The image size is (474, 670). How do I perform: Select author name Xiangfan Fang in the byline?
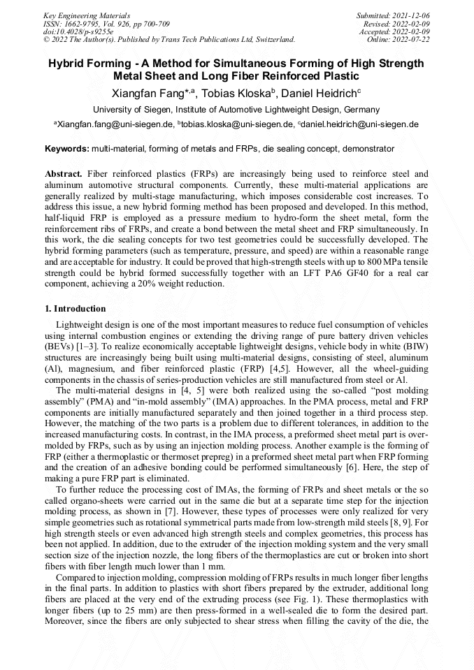(149, 93)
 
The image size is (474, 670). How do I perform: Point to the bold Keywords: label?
(67, 149)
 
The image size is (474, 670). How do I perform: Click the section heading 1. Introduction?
(76, 309)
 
